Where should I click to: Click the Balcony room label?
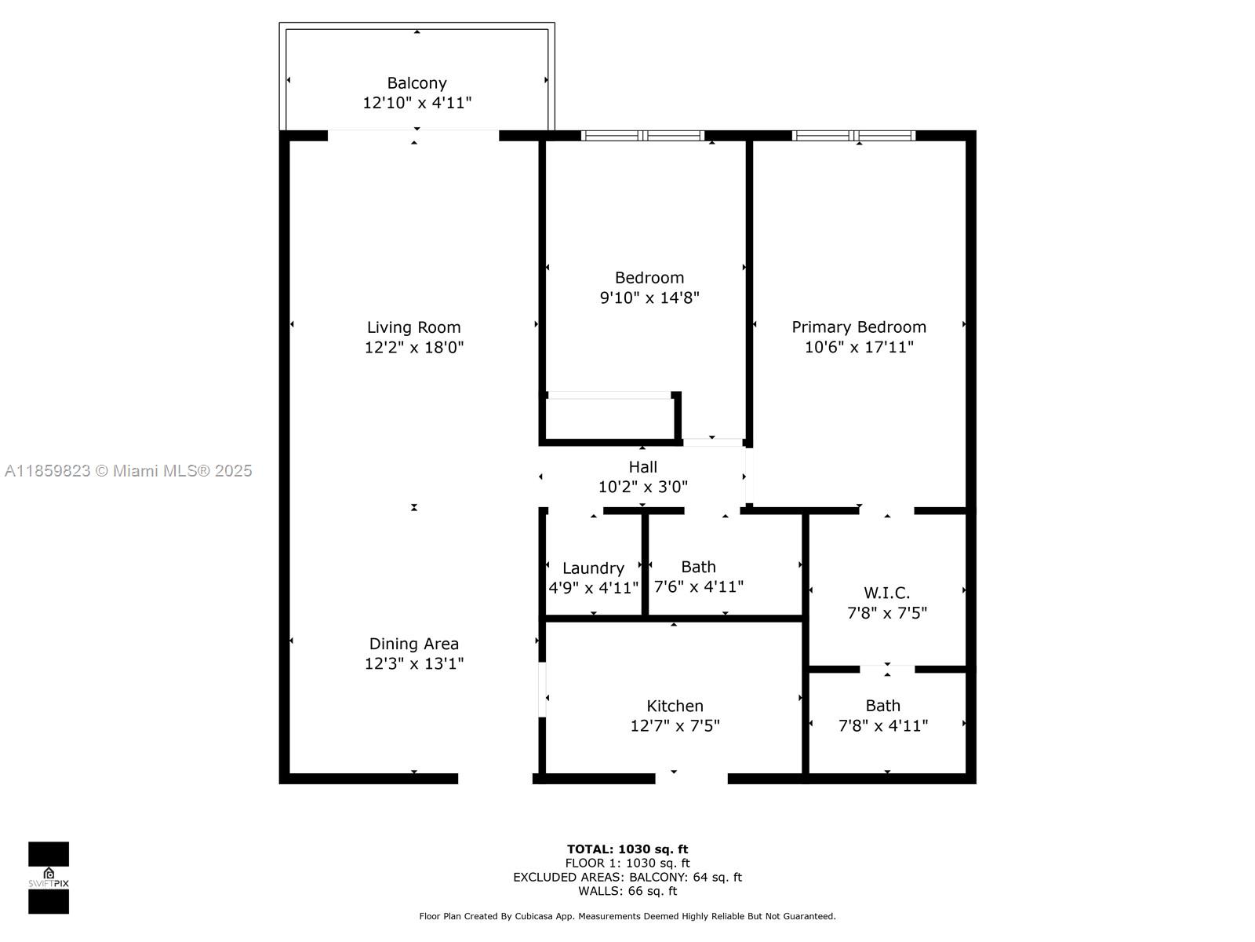coord(417,83)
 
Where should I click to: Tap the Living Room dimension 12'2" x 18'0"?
coord(414,347)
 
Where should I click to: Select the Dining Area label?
coord(414,644)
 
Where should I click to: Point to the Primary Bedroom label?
coord(859,327)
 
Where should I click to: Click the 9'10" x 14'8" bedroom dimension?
coord(649,298)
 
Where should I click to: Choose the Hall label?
coord(642,467)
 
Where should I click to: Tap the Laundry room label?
coord(594,568)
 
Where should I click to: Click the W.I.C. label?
coord(887,593)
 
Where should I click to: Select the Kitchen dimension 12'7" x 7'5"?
coord(675,726)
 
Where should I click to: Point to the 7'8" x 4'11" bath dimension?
coord(883,726)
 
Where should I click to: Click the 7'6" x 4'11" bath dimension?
coord(699,587)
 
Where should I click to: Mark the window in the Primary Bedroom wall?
coord(853,136)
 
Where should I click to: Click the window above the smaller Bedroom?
coord(643,136)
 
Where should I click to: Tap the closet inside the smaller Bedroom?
coord(610,418)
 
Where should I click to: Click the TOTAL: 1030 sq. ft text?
coord(627,849)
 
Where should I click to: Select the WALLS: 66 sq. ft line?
coord(627,891)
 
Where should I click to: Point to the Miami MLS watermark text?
coord(128,471)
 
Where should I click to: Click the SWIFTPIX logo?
coord(49,878)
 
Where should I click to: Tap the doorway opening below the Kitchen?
coord(691,779)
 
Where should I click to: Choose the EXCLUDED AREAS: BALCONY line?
coord(627,878)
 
